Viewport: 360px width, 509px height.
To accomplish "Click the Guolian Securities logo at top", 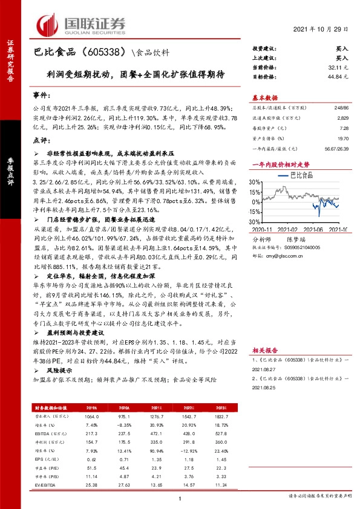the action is click(81, 25).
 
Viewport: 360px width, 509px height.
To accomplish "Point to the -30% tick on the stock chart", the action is click(255, 222).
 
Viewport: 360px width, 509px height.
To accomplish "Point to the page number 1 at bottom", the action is click(180, 498).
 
